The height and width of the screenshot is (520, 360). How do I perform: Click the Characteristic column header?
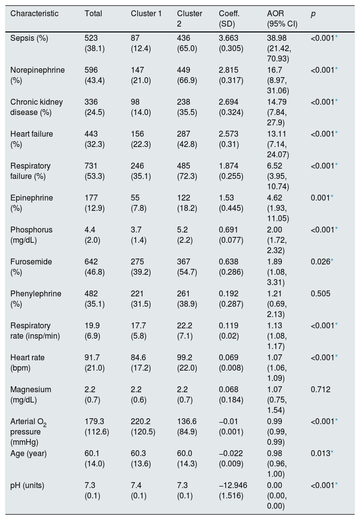(34, 14)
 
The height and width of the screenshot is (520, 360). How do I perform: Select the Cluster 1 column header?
(146, 14)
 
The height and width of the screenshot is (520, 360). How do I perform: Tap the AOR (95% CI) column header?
(282, 19)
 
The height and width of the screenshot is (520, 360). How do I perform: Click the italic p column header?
(313, 14)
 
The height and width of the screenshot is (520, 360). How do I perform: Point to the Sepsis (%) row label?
(29, 38)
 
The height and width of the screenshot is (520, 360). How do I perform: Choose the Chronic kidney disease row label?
(36, 107)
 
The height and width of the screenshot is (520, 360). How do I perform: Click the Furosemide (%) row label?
(31, 267)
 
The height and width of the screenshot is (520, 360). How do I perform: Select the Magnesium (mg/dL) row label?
(31, 395)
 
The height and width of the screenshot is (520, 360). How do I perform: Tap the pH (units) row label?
(27, 486)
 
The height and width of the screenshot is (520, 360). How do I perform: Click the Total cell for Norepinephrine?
(94, 75)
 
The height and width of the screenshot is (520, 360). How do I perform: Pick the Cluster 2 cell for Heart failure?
(187, 139)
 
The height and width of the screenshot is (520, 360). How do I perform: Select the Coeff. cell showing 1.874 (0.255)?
(231, 171)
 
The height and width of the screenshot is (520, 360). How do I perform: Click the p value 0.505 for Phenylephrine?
(321, 294)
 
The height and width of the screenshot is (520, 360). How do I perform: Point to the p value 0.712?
(321, 390)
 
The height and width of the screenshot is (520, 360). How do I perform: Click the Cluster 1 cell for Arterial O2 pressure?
(143, 427)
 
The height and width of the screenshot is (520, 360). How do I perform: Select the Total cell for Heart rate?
(94, 363)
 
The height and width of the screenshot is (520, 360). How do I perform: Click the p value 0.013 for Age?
(322, 454)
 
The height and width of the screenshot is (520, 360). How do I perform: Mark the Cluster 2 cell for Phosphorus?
(185, 235)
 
